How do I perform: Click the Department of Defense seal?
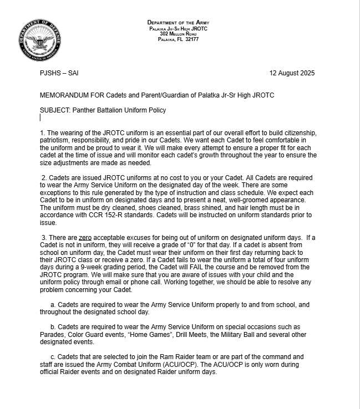coord(39,40)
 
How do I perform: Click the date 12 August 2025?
coord(292,73)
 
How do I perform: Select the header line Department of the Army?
coord(178,23)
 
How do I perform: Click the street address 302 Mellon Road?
coord(178,34)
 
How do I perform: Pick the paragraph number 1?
coord(42,133)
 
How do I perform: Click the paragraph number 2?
coord(44,178)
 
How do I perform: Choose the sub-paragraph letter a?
coord(53,305)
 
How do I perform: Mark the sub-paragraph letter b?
coord(53,327)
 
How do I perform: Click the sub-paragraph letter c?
coord(53,357)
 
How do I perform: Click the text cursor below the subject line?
coord(40,117)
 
